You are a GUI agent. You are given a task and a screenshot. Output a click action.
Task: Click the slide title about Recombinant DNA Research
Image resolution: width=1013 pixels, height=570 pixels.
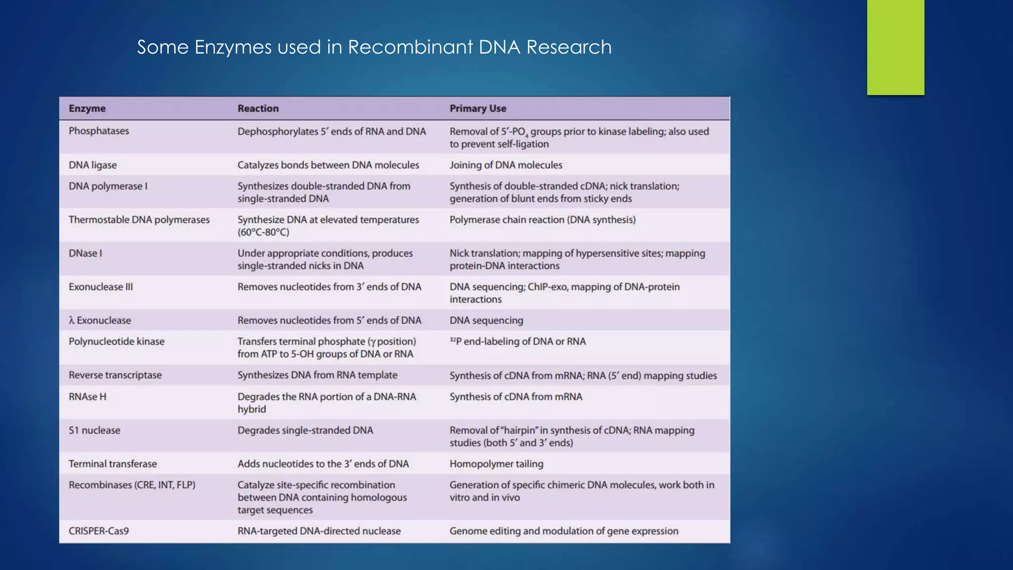pyautogui.click(x=374, y=47)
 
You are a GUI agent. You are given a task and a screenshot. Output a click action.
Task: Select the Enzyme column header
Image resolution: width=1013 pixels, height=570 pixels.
pyautogui.click(x=87, y=108)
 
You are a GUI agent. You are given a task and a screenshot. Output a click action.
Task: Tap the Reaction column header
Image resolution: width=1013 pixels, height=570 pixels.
pyautogui.click(x=258, y=108)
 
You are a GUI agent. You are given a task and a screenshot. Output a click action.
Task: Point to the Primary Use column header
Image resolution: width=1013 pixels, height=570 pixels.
pyautogui.click(x=477, y=108)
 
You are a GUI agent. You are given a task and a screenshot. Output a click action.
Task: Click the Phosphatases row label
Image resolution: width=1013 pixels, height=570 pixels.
pyautogui.click(x=98, y=131)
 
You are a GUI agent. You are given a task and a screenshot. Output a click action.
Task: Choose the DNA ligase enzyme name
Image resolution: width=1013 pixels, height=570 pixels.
pyautogui.click(x=92, y=165)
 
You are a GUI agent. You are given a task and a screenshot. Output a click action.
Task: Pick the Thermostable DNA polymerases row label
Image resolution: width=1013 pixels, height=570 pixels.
pyautogui.click(x=139, y=220)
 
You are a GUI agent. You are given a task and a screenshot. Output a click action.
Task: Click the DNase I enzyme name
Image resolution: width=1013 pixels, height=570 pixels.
pyautogui.click(x=85, y=253)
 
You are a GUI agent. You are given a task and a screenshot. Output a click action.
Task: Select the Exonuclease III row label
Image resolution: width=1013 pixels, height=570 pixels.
pyautogui.click(x=100, y=287)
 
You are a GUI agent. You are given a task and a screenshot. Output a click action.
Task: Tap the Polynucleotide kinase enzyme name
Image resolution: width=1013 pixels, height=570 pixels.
pyautogui.click(x=116, y=341)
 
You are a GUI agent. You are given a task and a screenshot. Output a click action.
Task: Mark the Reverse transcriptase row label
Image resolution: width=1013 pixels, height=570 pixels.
pyautogui.click(x=115, y=375)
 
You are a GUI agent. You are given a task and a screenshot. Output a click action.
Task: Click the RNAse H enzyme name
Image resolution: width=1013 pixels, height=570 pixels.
pyautogui.click(x=87, y=397)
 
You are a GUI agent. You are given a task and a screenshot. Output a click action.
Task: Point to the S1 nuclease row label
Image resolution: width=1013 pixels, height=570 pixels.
pyautogui.click(x=94, y=430)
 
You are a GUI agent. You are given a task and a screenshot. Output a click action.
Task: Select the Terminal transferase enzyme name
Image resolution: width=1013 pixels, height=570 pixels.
pyautogui.click(x=112, y=464)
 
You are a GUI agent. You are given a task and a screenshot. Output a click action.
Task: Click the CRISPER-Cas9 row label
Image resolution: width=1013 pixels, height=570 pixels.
pyautogui.click(x=98, y=531)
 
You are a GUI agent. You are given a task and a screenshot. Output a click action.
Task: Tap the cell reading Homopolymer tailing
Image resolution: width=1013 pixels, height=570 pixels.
pyautogui.click(x=496, y=464)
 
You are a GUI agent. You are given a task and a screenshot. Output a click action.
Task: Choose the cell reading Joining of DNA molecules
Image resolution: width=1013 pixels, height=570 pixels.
pyautogui.click(x=506, y=165)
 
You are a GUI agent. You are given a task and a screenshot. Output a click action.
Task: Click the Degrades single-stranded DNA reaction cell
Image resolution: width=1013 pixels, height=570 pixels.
pyautogui.click(x=305, y=430)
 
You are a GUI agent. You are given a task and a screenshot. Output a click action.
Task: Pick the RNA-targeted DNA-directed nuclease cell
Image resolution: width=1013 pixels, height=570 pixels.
pyautogui.click(x=319, y=531)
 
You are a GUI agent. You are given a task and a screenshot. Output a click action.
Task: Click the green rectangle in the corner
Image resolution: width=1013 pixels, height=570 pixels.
pyautogui.click(x=895, y=47)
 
